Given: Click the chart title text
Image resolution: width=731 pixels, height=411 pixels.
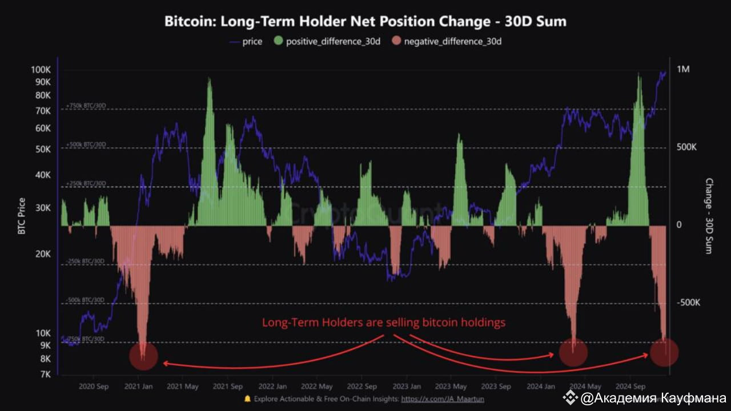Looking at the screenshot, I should click(x=365, y=22).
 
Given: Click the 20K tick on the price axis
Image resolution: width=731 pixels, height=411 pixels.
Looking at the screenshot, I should click(x=43, y=254).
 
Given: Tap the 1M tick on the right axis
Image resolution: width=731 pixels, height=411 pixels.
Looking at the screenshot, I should click(x=683, y=70).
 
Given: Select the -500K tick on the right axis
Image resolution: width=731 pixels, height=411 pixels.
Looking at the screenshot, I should click(x=688, y=303).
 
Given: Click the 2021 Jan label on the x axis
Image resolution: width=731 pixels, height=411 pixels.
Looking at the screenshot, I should click(x=139, y=386).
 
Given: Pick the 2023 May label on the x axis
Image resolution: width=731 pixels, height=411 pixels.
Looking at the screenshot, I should click(x=451, y=386).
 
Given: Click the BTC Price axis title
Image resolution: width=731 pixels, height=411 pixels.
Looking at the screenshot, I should click(x=22, y=216).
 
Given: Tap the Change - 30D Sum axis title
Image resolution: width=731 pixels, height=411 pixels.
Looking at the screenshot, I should click(x=709, y=216).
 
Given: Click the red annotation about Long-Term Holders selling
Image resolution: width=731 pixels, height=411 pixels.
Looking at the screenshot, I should click(x=384, y=323).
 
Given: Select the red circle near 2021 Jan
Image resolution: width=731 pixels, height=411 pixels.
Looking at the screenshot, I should click(x=143, y=356).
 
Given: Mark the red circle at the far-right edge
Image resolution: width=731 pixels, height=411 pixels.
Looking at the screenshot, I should click(x=664, y=352).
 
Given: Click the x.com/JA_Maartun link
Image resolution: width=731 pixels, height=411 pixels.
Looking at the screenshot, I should click(x=440, y=399).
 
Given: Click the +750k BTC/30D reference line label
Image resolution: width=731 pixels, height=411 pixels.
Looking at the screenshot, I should click(x=86, y=106).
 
